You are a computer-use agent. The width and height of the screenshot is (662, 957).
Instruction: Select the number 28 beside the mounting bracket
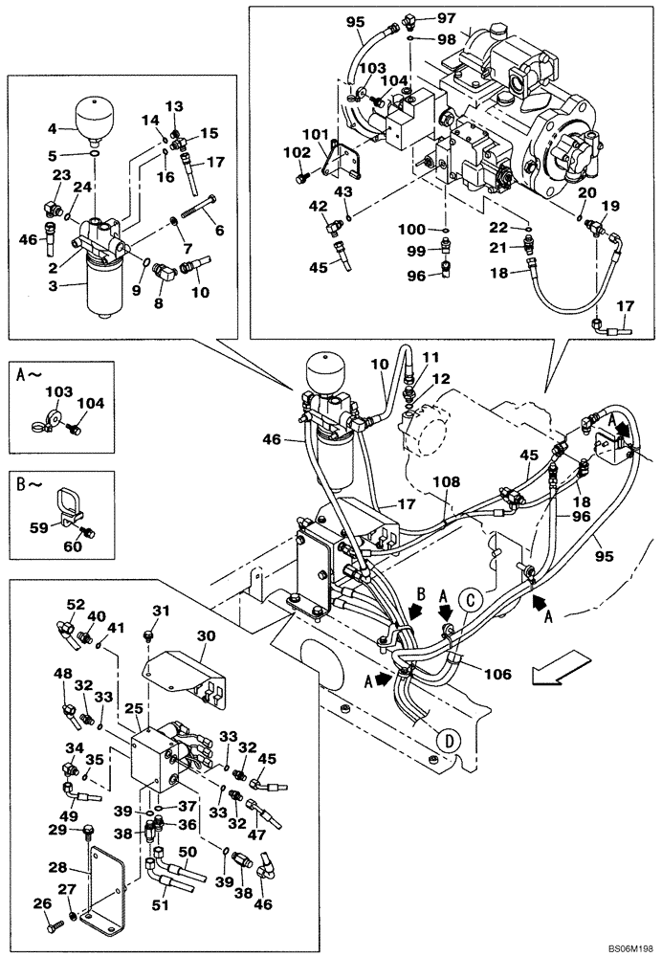point(56,867)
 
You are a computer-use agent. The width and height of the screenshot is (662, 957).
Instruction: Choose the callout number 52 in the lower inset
point(75,603)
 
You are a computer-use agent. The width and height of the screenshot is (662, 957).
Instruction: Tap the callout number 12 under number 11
point(439,381)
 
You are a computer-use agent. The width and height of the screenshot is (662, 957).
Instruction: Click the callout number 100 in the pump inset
point(411,230)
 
